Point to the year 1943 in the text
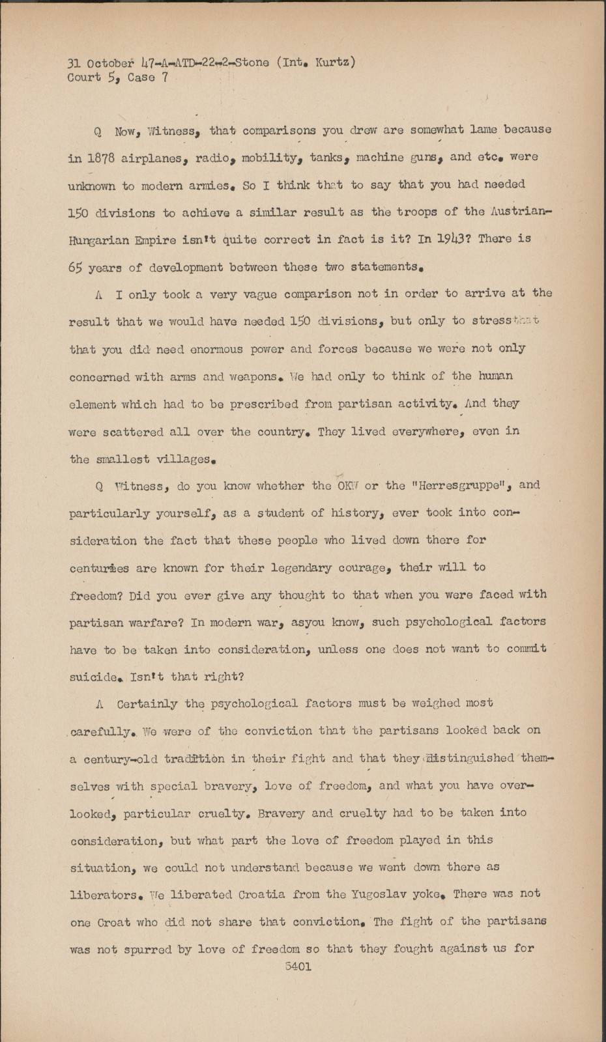(451, 239)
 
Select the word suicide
(96, 677)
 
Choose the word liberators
(104, 894)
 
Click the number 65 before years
(76, 267)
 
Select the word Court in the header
(83, 77)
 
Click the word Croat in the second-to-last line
(114, 922)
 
